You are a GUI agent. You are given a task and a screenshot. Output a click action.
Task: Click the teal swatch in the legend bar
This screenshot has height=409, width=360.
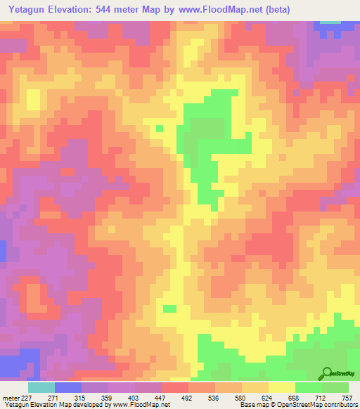(x=41, y=387)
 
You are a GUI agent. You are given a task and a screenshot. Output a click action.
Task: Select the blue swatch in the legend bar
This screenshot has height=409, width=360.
(x=68, y=387)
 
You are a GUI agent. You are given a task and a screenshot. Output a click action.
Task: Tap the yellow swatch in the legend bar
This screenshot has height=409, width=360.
(x=282, y=387)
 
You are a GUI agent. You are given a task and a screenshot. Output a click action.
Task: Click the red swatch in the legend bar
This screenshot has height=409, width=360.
(x=175, y=387)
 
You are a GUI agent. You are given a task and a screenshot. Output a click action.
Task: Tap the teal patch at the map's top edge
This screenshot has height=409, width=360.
(x=328, y=23)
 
